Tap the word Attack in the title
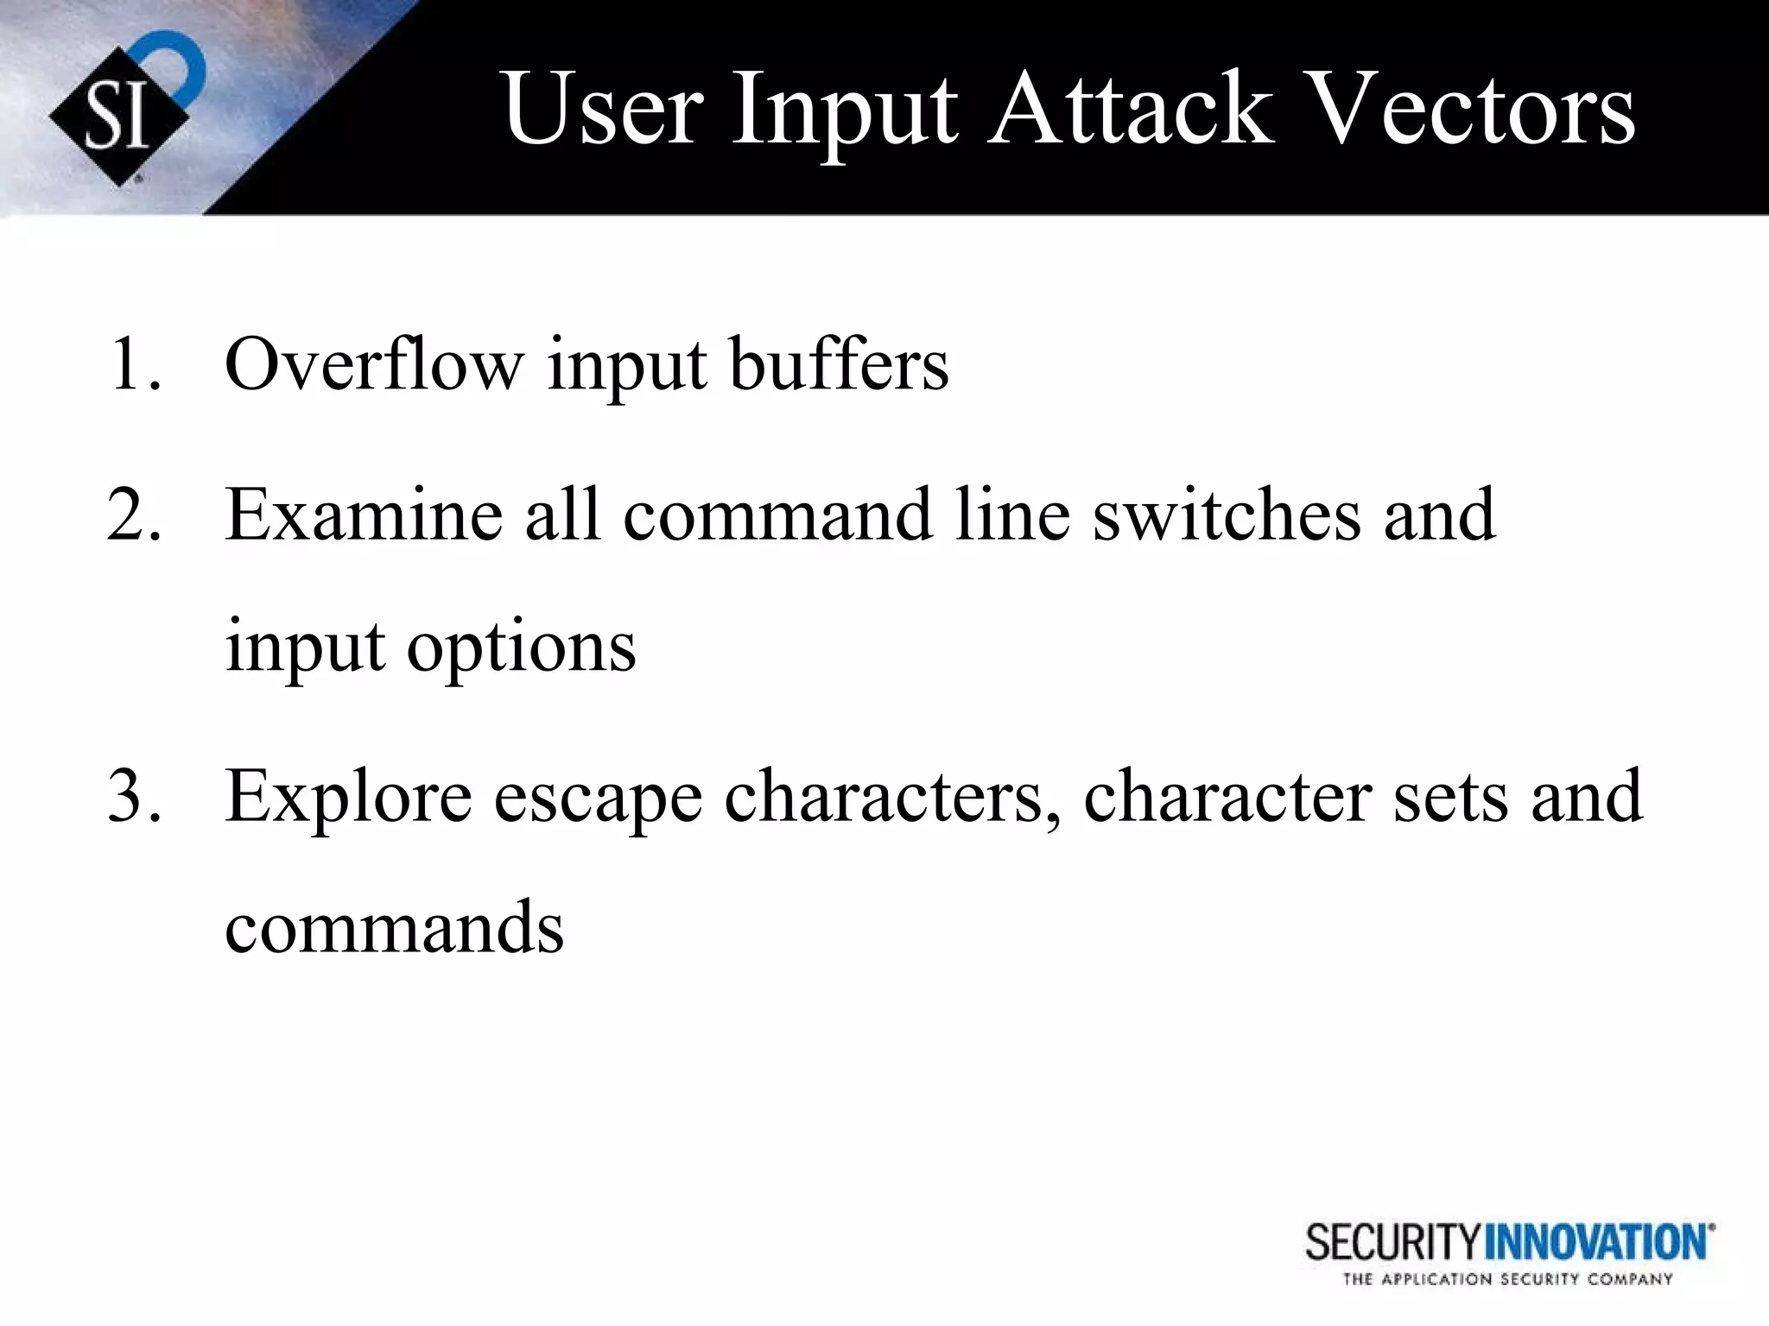1132,110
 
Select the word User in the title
600,110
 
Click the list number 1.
134,365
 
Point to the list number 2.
134,515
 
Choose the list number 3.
134,796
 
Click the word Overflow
374,365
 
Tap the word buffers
839,365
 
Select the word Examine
364,515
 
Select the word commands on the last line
394,928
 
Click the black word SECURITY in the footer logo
1392,1243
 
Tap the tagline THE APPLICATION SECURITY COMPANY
1507,1279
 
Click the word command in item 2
777,515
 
